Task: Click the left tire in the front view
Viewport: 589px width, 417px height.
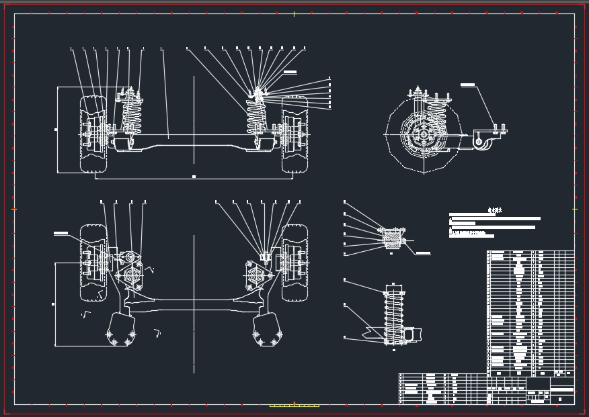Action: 93,134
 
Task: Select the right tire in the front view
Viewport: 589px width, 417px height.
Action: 294,134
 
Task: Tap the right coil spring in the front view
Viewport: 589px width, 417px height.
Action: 256,115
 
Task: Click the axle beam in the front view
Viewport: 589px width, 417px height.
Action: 195,139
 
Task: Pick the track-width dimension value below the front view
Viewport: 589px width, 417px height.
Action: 194,177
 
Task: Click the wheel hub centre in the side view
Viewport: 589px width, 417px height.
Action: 423,134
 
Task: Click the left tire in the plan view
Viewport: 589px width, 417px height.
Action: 93,262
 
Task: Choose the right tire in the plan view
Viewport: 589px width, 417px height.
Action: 294,262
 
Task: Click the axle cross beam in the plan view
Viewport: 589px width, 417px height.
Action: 195,303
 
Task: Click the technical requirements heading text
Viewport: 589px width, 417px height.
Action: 495,210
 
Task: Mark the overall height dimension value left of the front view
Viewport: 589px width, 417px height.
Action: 56,129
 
